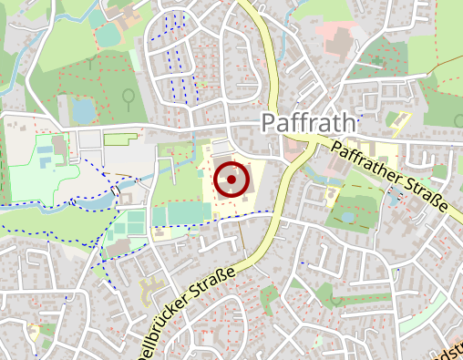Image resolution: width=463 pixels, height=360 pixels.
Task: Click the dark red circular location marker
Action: point(231,180)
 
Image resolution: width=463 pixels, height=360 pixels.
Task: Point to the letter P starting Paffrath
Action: point(269,123)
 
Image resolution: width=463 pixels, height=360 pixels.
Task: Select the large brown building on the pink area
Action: point(338,42)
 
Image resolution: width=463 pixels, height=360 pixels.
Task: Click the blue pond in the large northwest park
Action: point(83,110)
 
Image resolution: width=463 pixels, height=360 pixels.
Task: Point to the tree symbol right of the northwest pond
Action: point(129,95)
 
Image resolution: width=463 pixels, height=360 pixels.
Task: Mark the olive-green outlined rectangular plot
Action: point(120,139)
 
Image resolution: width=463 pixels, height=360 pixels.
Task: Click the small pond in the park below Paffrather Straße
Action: point(347,217)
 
